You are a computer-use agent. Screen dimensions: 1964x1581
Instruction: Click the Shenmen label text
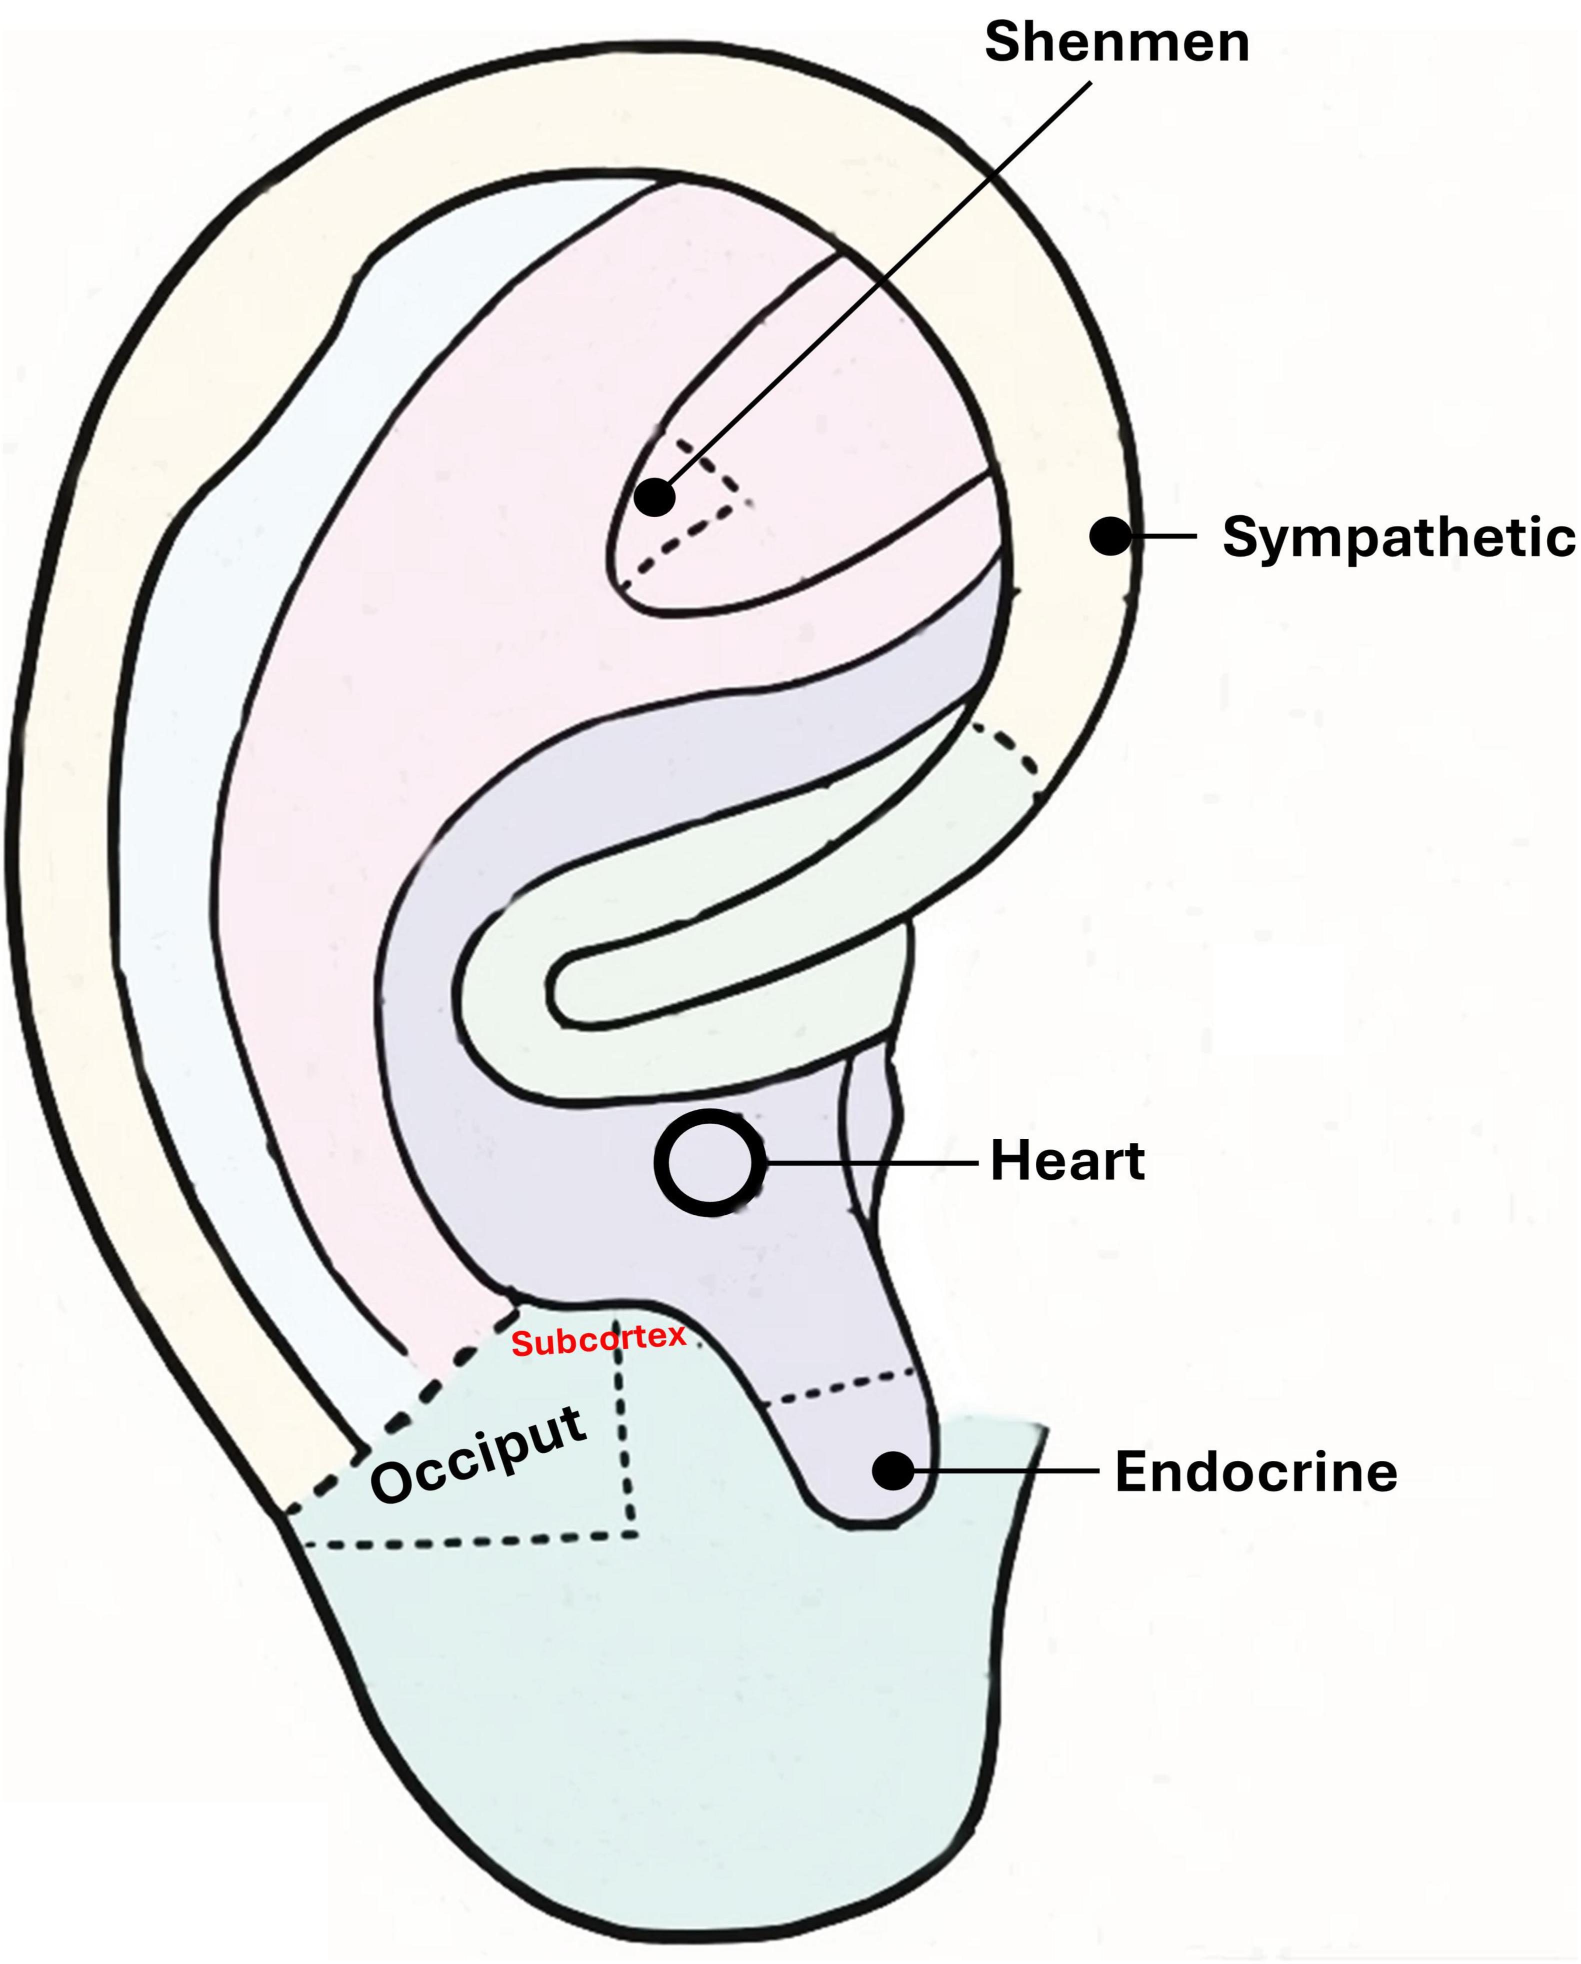[x=1116, y=43]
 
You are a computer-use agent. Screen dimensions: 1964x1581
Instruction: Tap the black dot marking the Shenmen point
[x=655, y=497]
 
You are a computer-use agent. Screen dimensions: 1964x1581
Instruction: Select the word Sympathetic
[x=1398, y=537]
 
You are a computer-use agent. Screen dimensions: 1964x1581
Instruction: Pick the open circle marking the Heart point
[x=708, y=1162]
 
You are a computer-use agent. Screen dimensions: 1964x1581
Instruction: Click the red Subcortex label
[x=598, y=1340]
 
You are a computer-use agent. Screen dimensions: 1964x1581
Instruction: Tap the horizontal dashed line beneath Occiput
[x=464, y=1541]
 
